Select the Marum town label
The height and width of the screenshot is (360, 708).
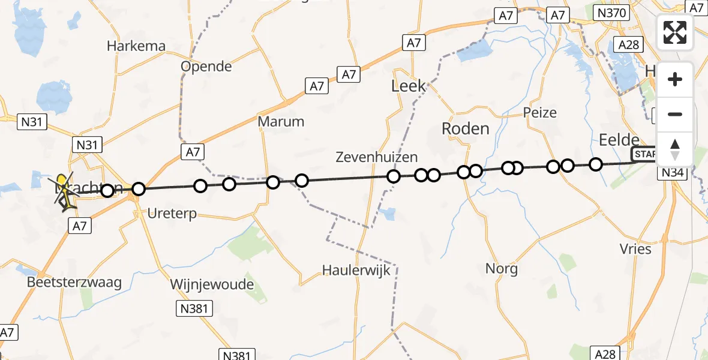pyautogui.click(x=281, y=122)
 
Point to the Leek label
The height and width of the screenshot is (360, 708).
pyautogui.click(x=409, y=86)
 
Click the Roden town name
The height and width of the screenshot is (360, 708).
pyautogui.click(x=465, y=128)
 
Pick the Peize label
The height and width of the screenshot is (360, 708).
pyautogui.click(x=539, y=113)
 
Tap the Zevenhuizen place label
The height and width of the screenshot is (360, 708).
pyautogui.click(x=377, y=158)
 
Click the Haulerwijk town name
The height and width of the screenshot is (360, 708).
pyautogui.click(x=356, y=270)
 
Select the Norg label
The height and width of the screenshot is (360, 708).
pyautogui.click(x=502, y=268)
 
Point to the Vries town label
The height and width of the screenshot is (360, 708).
pyautogui.click(x=635, y=248)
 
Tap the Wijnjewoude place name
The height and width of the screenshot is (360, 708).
pyautogui.click(x=212, y=284)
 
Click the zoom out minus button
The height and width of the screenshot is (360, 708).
pyautogui.click(x=675, y=115)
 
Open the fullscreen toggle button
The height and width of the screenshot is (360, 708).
pyautogui.click(x=675, y=32)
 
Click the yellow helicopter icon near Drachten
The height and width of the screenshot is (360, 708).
pyautogui.click(x=62, y=182)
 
